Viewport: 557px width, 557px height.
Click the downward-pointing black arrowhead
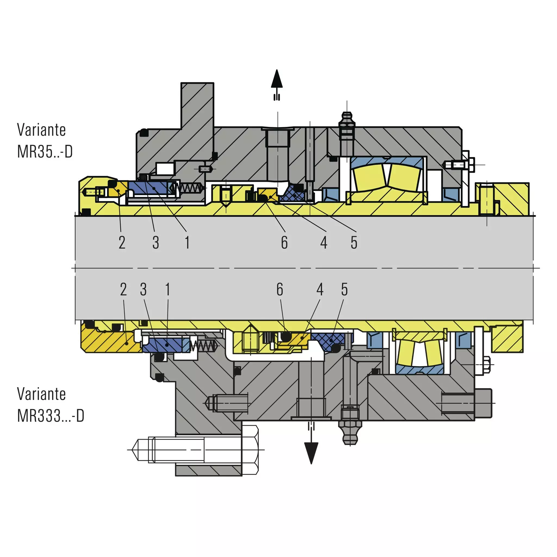pos(311,453)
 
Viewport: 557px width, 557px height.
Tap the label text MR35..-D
pos(45,152)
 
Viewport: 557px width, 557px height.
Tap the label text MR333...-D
pos(51,416)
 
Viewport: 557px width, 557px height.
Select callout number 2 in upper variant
pos(122,242)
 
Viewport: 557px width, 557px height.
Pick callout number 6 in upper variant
pos(284,242)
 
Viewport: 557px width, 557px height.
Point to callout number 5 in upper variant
pos(354,242)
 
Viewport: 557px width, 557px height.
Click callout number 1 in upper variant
pos(187,242)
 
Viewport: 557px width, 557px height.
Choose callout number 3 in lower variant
pos(143,289)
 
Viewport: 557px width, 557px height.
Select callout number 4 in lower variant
pos(320,289)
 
